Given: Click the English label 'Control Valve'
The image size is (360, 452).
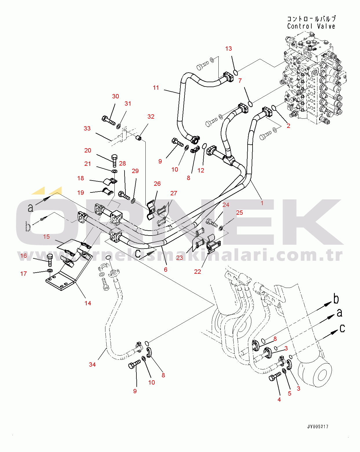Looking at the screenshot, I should (x=311, y=26).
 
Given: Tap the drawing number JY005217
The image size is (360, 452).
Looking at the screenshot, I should (x=318, y=426).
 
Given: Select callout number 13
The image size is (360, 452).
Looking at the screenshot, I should (x=229, y=49).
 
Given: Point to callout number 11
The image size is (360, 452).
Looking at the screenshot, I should (x=156, y=88).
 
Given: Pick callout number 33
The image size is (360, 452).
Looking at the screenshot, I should (x=87, y=128).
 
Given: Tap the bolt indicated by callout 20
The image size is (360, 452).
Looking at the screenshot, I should (x=114, y=160).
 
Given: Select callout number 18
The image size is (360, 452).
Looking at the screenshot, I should (x=81, y=178).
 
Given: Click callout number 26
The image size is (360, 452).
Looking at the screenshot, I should (x=157, y=184).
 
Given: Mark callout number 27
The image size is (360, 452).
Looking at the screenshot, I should (x=173, y=193).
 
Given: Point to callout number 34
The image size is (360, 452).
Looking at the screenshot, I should (x=92, y=365).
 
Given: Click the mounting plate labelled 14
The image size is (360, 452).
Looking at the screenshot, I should (x=61, y=282).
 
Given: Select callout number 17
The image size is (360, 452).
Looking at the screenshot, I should (x=23, y=274).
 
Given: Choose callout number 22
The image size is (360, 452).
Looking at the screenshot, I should (x=197, y=272).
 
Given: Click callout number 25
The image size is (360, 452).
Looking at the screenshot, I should (x=239, y=213).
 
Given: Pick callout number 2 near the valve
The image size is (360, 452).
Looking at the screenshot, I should (x=288, y=126).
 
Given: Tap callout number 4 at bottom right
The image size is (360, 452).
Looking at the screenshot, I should (x=279, y=400).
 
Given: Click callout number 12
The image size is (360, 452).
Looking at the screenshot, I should (x=201, y=170).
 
